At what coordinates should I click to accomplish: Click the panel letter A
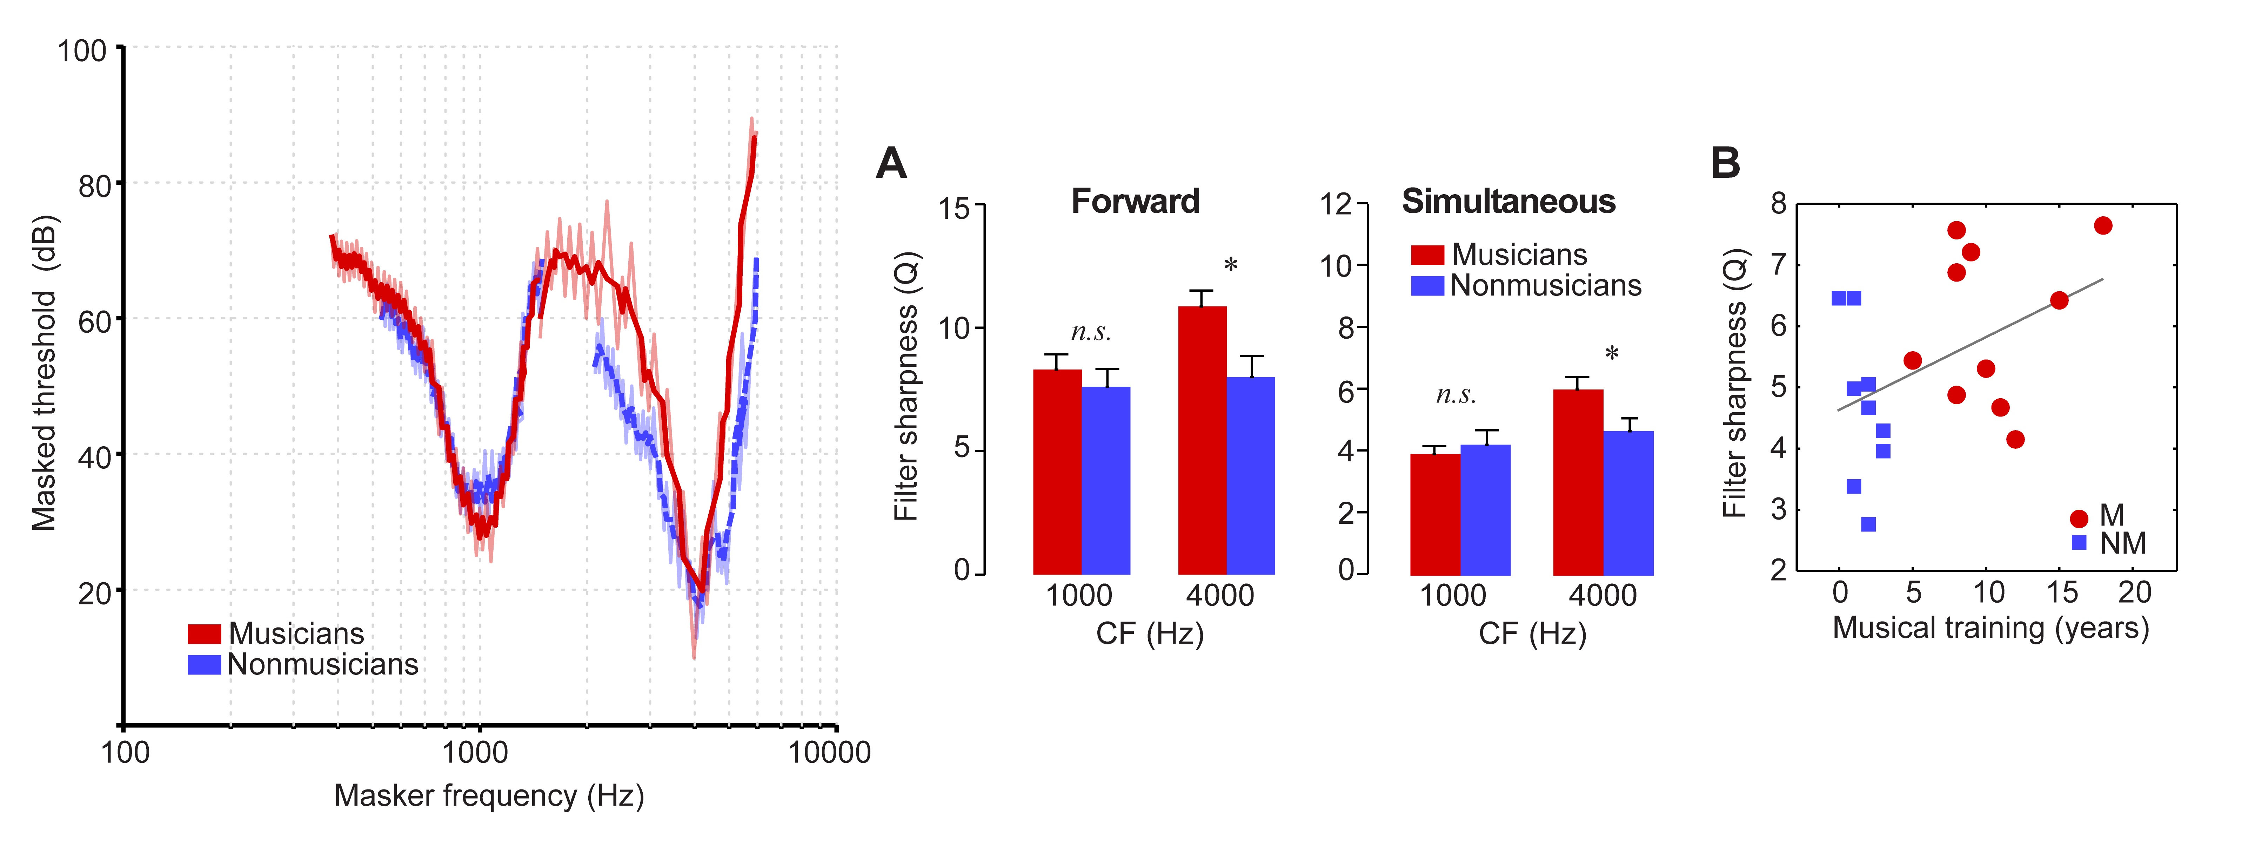click(891, 163)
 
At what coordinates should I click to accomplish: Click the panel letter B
click(1725, 163)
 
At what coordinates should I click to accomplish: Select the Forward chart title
click(1135, 202)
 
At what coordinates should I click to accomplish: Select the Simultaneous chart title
click(1508, 202)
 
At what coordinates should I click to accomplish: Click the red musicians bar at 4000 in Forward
click(1202, 441)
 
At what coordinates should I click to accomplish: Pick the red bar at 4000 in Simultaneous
click(1578, 482)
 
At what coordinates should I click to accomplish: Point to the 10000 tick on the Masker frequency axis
click(829, 752)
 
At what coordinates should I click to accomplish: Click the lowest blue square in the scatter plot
click(1868, 524)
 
